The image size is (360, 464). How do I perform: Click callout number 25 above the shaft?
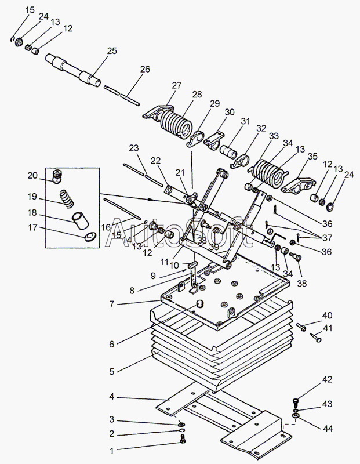(x=112, y=50)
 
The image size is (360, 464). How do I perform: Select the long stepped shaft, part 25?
(x=73, y=70)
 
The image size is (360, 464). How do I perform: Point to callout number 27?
(x=177, y=85)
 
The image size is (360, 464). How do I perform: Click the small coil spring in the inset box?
(x=67, y=198)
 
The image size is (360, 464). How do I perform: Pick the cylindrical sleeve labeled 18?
(x=80, y=220)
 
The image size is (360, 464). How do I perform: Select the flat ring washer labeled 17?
(x=90, y=237)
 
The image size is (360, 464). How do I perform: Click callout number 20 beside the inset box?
(x=32, y=176)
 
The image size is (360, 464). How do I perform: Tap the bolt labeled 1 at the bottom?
(x=183, y=439)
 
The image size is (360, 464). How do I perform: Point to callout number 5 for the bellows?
(x=111, y=371)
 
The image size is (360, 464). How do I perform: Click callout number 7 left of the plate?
(x=111, y=304)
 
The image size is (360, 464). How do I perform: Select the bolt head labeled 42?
(x=296, y=401)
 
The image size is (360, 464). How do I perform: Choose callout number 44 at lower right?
(x=327, y=428)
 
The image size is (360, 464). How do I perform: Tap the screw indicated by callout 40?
(x=301, y=327)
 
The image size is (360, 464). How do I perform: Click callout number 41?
(x=328, y=328)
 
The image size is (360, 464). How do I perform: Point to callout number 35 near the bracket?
(x=312, y=156)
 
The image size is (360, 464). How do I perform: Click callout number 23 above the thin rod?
(x=134, y=148)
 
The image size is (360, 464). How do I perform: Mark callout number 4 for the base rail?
(x=111, y=396)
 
